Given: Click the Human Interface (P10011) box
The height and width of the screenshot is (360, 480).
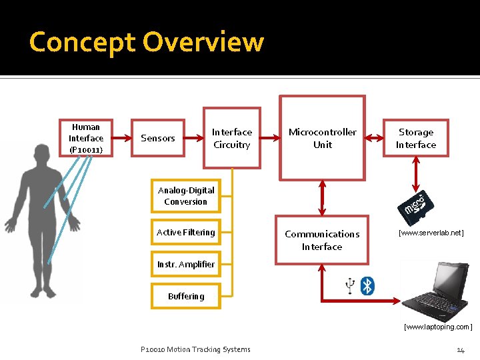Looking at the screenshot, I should coord(86,138).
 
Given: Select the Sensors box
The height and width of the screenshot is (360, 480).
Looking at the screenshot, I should coord(158,138).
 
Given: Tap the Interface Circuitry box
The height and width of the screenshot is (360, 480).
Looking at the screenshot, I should coord(231,138).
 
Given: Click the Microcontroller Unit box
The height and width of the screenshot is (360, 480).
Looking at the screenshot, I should coord(323,138).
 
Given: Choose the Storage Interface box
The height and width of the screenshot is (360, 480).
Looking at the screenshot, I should coord(415,138).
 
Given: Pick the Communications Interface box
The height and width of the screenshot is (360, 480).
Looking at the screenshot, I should coord(322,240).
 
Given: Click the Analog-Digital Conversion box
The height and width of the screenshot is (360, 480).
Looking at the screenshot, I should coord(185,196).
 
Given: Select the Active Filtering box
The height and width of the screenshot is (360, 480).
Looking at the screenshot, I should coord(185,233).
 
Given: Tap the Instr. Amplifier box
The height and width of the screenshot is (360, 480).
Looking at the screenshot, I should coord(186,265).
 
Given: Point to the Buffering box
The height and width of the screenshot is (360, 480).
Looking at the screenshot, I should coord(186,296).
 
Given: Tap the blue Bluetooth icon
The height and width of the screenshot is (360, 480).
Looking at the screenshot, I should coord(367,286).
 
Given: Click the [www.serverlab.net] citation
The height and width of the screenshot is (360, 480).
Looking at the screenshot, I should coord(431,233).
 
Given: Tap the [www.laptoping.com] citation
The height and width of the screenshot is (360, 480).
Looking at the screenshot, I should coord(438,327).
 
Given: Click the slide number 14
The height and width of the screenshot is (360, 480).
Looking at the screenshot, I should coord(460,350).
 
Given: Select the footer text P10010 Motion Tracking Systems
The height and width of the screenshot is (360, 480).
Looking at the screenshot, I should coord(195,349).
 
